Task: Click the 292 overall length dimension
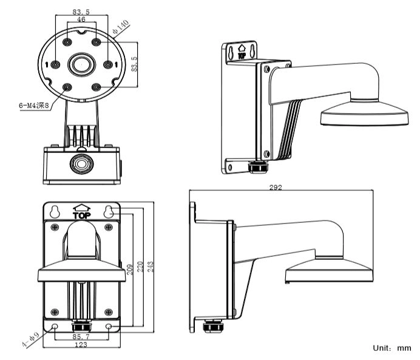coord(276,188)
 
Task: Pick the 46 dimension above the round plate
coord(81,20)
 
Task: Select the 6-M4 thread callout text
coord(34,104)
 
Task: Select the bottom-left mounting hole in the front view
coord(55,327)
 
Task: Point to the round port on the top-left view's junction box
coord(80,163)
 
